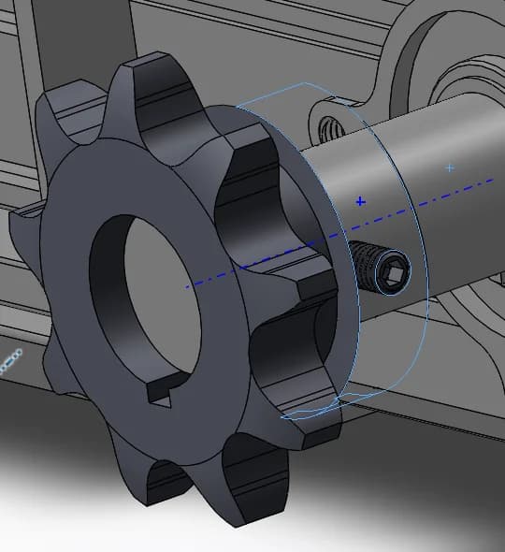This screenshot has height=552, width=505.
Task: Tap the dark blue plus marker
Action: coord(361,200)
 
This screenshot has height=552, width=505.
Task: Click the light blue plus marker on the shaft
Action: coord(450,167)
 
